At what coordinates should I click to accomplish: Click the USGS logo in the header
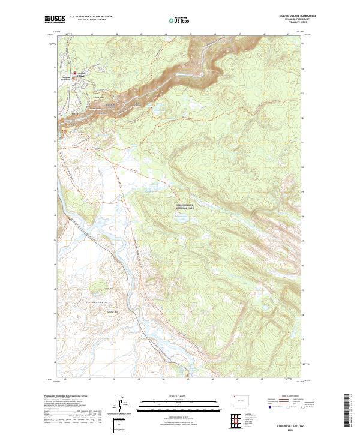55,19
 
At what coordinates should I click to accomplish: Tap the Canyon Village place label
82,76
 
